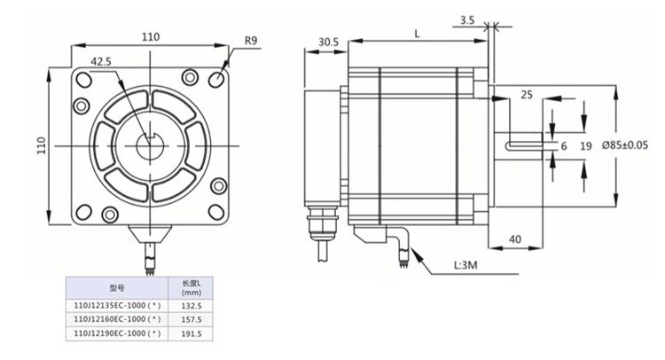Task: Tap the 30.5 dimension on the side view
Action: [x=328, y=42]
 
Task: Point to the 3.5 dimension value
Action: [x=467, y=19]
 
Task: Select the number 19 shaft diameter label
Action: [x=585, y=145]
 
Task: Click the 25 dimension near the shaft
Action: [x=527, y=94]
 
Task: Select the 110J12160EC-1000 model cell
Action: [x=116, y=318]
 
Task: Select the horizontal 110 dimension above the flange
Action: [x=150, y=36]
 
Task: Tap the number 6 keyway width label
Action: [x=564, y=145]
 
